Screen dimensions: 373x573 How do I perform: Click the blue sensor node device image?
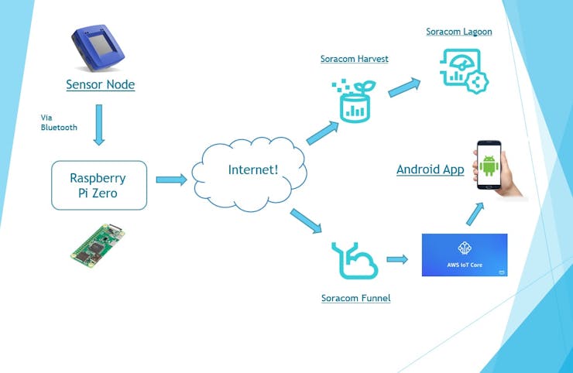click(100, 48)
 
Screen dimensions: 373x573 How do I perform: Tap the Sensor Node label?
click(100, 84)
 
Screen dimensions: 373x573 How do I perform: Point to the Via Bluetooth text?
click(59, 122)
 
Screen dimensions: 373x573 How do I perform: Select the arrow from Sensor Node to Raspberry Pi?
click(99, 125)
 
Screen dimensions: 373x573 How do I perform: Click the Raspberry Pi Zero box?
click(99, 185)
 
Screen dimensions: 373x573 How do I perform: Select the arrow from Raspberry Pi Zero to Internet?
click(171, 180)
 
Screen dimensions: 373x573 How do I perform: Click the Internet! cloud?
click(252, 170)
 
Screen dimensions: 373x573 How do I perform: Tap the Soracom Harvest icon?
click(352, 101)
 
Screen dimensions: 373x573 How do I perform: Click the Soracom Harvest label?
click(354, 59)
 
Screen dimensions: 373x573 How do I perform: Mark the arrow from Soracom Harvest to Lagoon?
click(405, 86)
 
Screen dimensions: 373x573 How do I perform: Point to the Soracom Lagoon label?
click(458, 32)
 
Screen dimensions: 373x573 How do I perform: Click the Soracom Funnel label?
click(355, 297)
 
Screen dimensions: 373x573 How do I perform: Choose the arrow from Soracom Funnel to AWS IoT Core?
click(396, 259)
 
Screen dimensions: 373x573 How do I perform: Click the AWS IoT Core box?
click(465, 255)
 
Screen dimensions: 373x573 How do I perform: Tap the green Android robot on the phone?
click(488, 166)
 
